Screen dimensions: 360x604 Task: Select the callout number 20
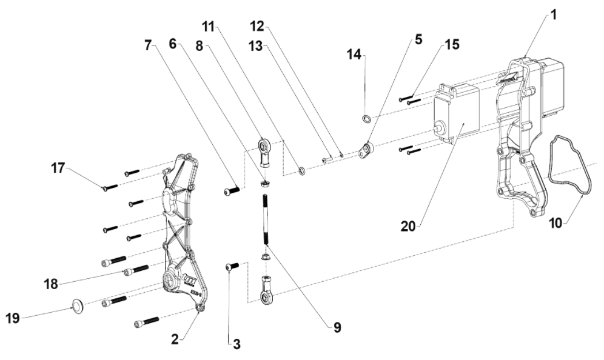[x=409, y=226]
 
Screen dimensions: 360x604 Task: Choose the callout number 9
[x=336, y=328]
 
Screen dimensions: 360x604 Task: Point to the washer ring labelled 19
[x=78, y=305]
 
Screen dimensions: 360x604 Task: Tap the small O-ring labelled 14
[x=367, y=118]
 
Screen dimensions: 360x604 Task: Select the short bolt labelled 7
[x=232, y=191]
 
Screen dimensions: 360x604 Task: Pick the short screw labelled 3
[x=232, y=267]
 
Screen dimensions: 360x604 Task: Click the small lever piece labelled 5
[x=366, y=150]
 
